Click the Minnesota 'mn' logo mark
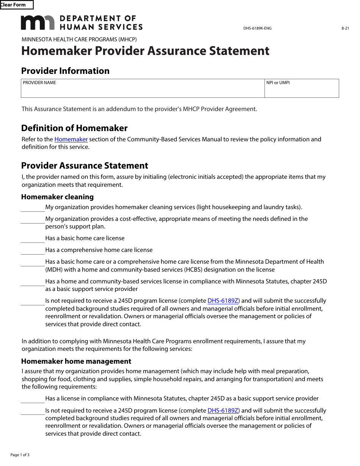click(x=38, y=23)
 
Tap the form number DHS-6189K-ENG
click(x=257, y=28)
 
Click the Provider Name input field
click(x=142, y=90)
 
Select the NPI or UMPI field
click(x=302, y=90)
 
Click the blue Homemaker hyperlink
click(x=71, y=139)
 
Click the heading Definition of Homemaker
click(x=74, y=128)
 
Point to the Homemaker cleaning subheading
click(x=57, y=197)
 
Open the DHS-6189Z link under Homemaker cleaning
click(x=223, y=301)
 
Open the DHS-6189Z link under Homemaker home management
click(x=223, y=411)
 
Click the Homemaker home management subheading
click(x=76, y=361)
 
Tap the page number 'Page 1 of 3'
click(x=20, y=455)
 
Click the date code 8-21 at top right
click(x=345, y=28)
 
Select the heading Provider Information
click(x=65, y=71)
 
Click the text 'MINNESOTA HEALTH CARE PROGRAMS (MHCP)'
click(x=79, y=39)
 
